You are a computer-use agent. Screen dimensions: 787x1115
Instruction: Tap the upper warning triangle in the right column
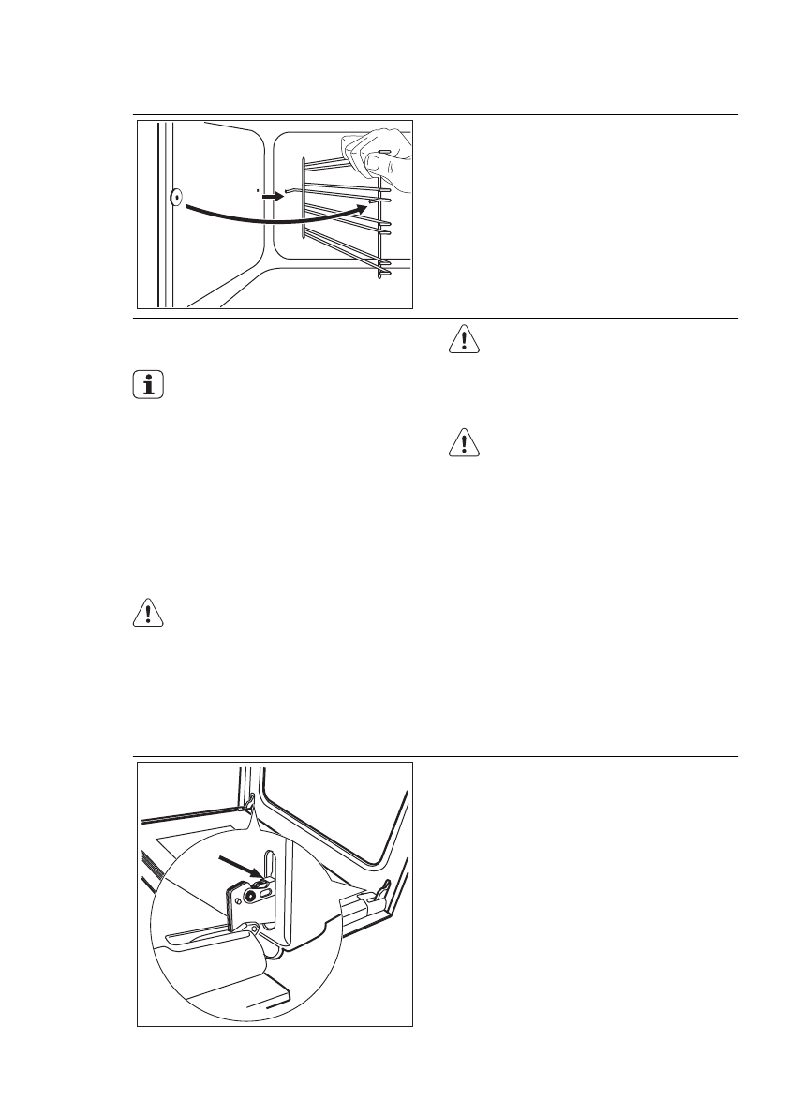coord(462,341)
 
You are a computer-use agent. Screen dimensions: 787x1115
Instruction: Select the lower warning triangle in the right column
coord(462,442)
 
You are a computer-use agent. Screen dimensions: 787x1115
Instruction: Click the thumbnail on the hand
coord(374,162)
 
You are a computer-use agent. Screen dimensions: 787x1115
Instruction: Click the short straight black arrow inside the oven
coord(271,197)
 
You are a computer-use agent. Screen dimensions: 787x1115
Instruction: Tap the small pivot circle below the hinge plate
coord(255,929)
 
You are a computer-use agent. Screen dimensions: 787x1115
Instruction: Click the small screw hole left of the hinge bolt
coord(240,899)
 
